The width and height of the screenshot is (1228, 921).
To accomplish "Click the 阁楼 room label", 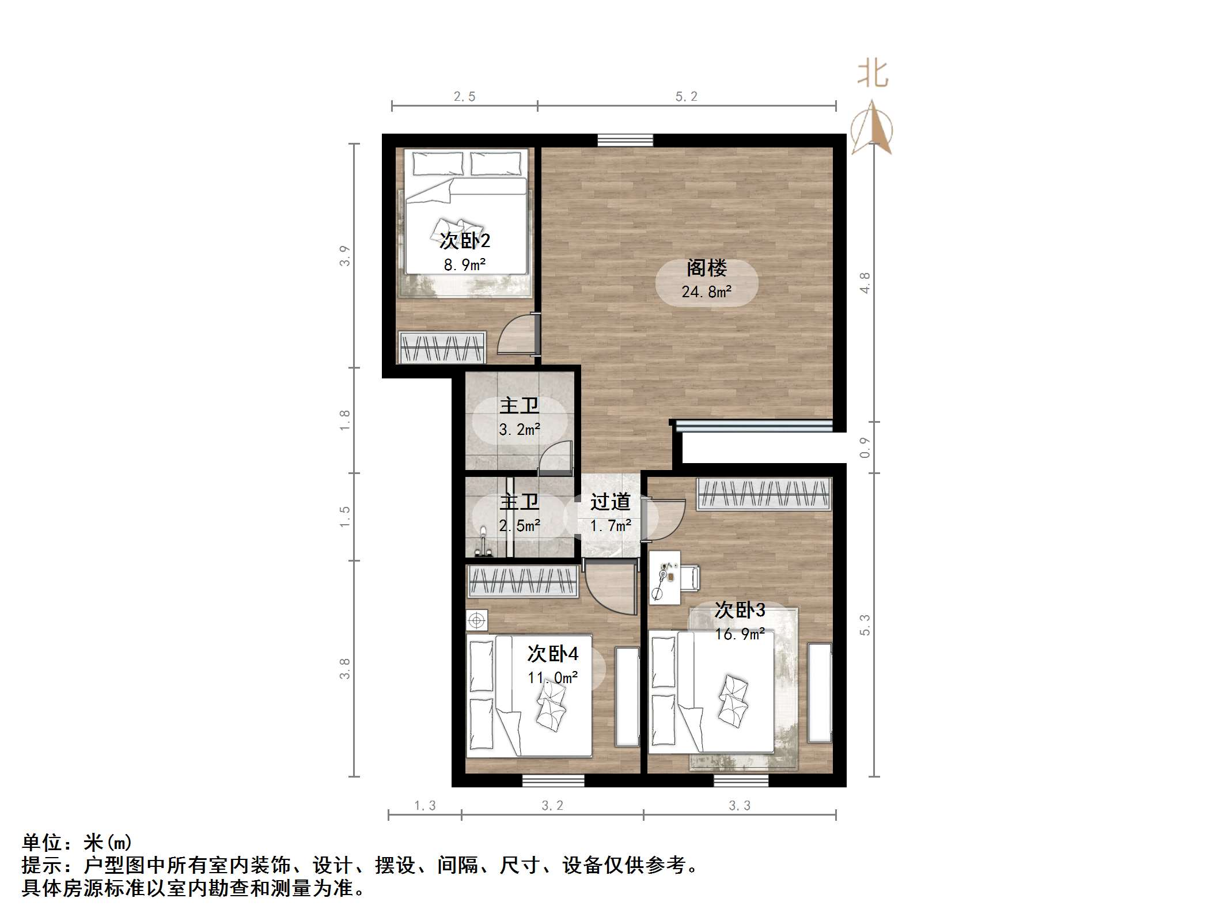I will (706, 268).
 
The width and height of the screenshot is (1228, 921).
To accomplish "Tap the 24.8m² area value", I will (706, 292).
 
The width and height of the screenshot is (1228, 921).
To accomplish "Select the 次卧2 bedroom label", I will (464, 241).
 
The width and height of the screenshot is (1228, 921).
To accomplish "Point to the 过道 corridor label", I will (610, 502).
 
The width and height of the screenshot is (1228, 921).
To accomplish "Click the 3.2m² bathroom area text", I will (519, 430).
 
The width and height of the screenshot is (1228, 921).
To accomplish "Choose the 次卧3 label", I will (740, 610).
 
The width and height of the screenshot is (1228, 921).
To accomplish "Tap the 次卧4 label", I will (552, 654).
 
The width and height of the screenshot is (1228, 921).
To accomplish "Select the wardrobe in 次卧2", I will (442, 347).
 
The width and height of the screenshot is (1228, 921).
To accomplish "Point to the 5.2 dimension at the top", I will (686, 97).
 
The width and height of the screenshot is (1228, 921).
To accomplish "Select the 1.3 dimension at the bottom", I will (425, 806).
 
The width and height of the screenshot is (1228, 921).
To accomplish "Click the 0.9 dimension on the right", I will (865, 448).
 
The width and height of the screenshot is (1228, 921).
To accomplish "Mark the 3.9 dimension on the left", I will (344, 256).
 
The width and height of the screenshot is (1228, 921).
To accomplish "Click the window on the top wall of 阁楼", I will (625, 140).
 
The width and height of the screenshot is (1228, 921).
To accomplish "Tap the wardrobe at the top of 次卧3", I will (764, 494).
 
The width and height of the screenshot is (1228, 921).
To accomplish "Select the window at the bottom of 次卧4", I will (553, 780).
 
